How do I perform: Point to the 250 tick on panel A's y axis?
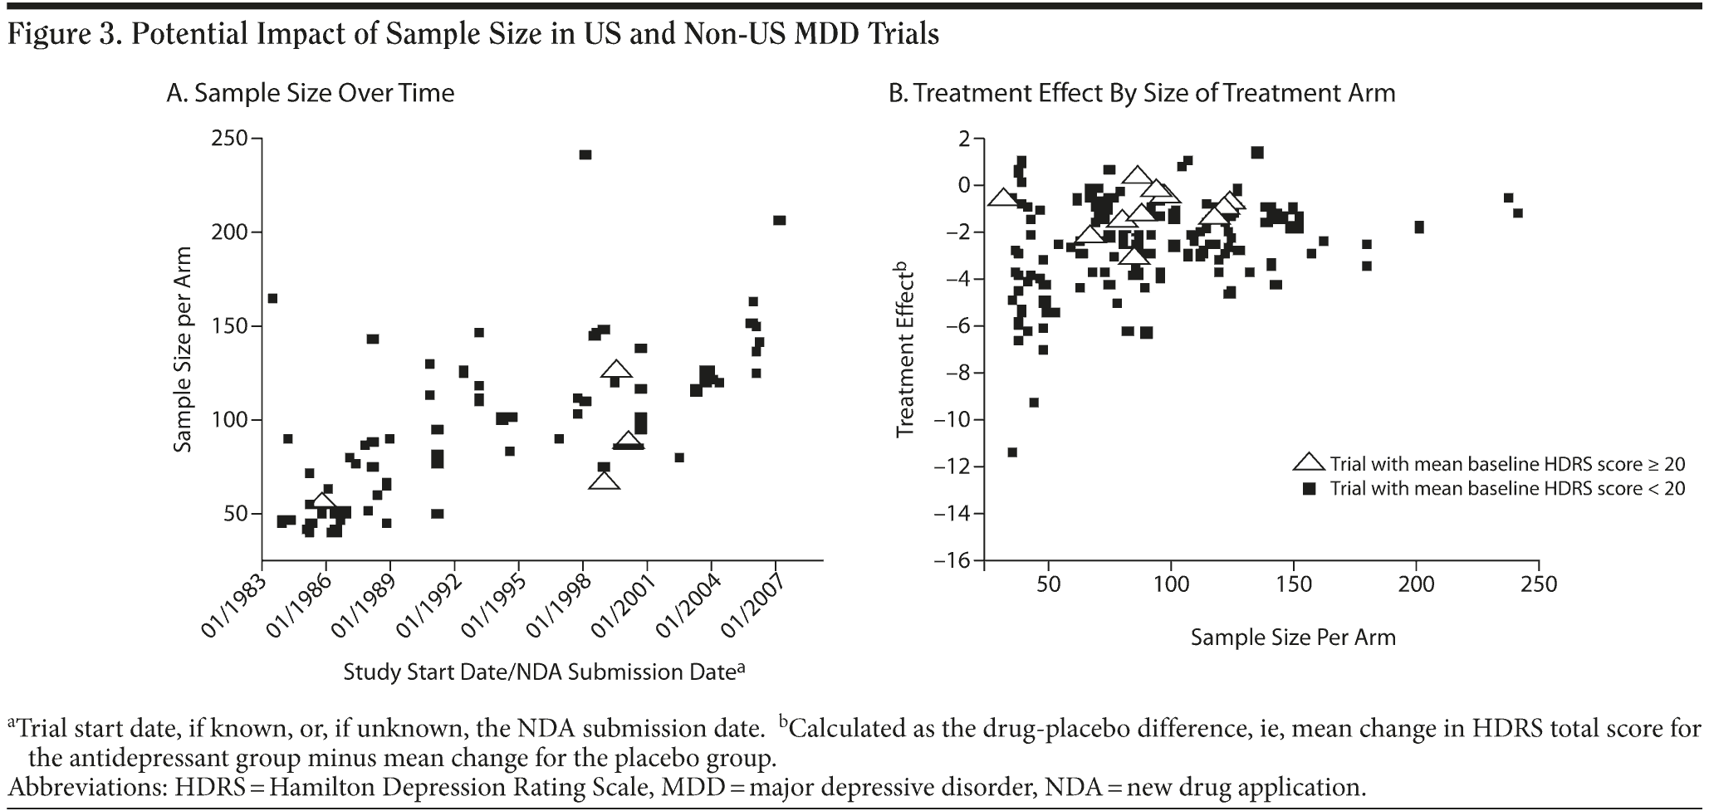(x=231, y=138)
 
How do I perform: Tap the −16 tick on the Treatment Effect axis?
(x=952, y=561)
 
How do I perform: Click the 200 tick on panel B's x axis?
(x=1416, y=585)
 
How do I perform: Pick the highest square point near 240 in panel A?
(x=585, y=154)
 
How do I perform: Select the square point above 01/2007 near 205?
(x=779, y=220)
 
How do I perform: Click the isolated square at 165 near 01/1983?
(x=272, y=298)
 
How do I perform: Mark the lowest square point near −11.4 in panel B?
(x=1012, y=452)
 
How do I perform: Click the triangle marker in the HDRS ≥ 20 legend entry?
(x=1310, y=463)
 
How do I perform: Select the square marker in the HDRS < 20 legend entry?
(x=1310, y=489)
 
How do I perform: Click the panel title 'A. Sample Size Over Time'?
(x=311, y=92)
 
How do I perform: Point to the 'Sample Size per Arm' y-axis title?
(x=183, y=349)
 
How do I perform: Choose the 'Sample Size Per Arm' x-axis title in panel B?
(x=1293, y=638)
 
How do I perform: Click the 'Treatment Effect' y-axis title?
(x=905, y=349)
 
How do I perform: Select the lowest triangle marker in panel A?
(x=604, y=481)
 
